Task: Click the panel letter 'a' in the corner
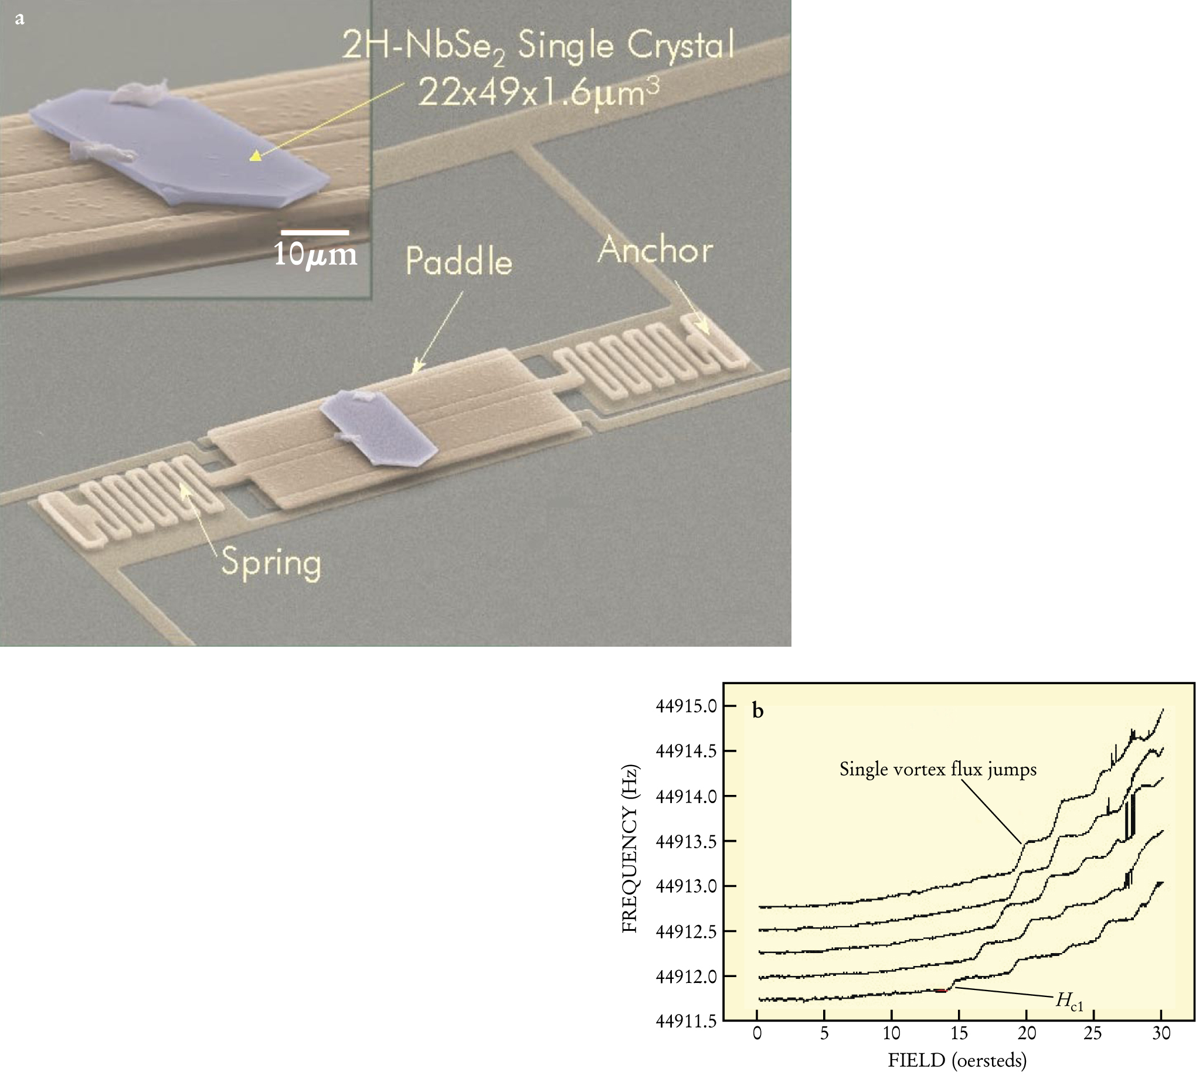[x=19, y=19]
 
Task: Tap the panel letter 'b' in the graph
[x=758, y=712]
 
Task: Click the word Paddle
[x=458, y=261]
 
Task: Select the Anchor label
[x=655, y=250]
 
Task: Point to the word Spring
[x=271, y=564]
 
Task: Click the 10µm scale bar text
[x=315, y=254]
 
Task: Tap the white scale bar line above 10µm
[x=315, y=233]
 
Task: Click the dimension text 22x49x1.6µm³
[x=538, y=93]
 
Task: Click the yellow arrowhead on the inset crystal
[x=254, y=156]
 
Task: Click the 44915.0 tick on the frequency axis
[x=686, y=706]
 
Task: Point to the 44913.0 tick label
[x=686, y=886]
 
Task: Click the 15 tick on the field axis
[x=959, y=1034]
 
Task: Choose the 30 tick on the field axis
[x=1161, y=1034]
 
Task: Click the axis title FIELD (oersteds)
[x=957, y=1060]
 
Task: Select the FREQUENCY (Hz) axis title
[x=630, y=848]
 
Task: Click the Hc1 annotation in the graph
[x=1069, y=1001]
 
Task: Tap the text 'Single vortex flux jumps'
[x=937, y=769]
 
